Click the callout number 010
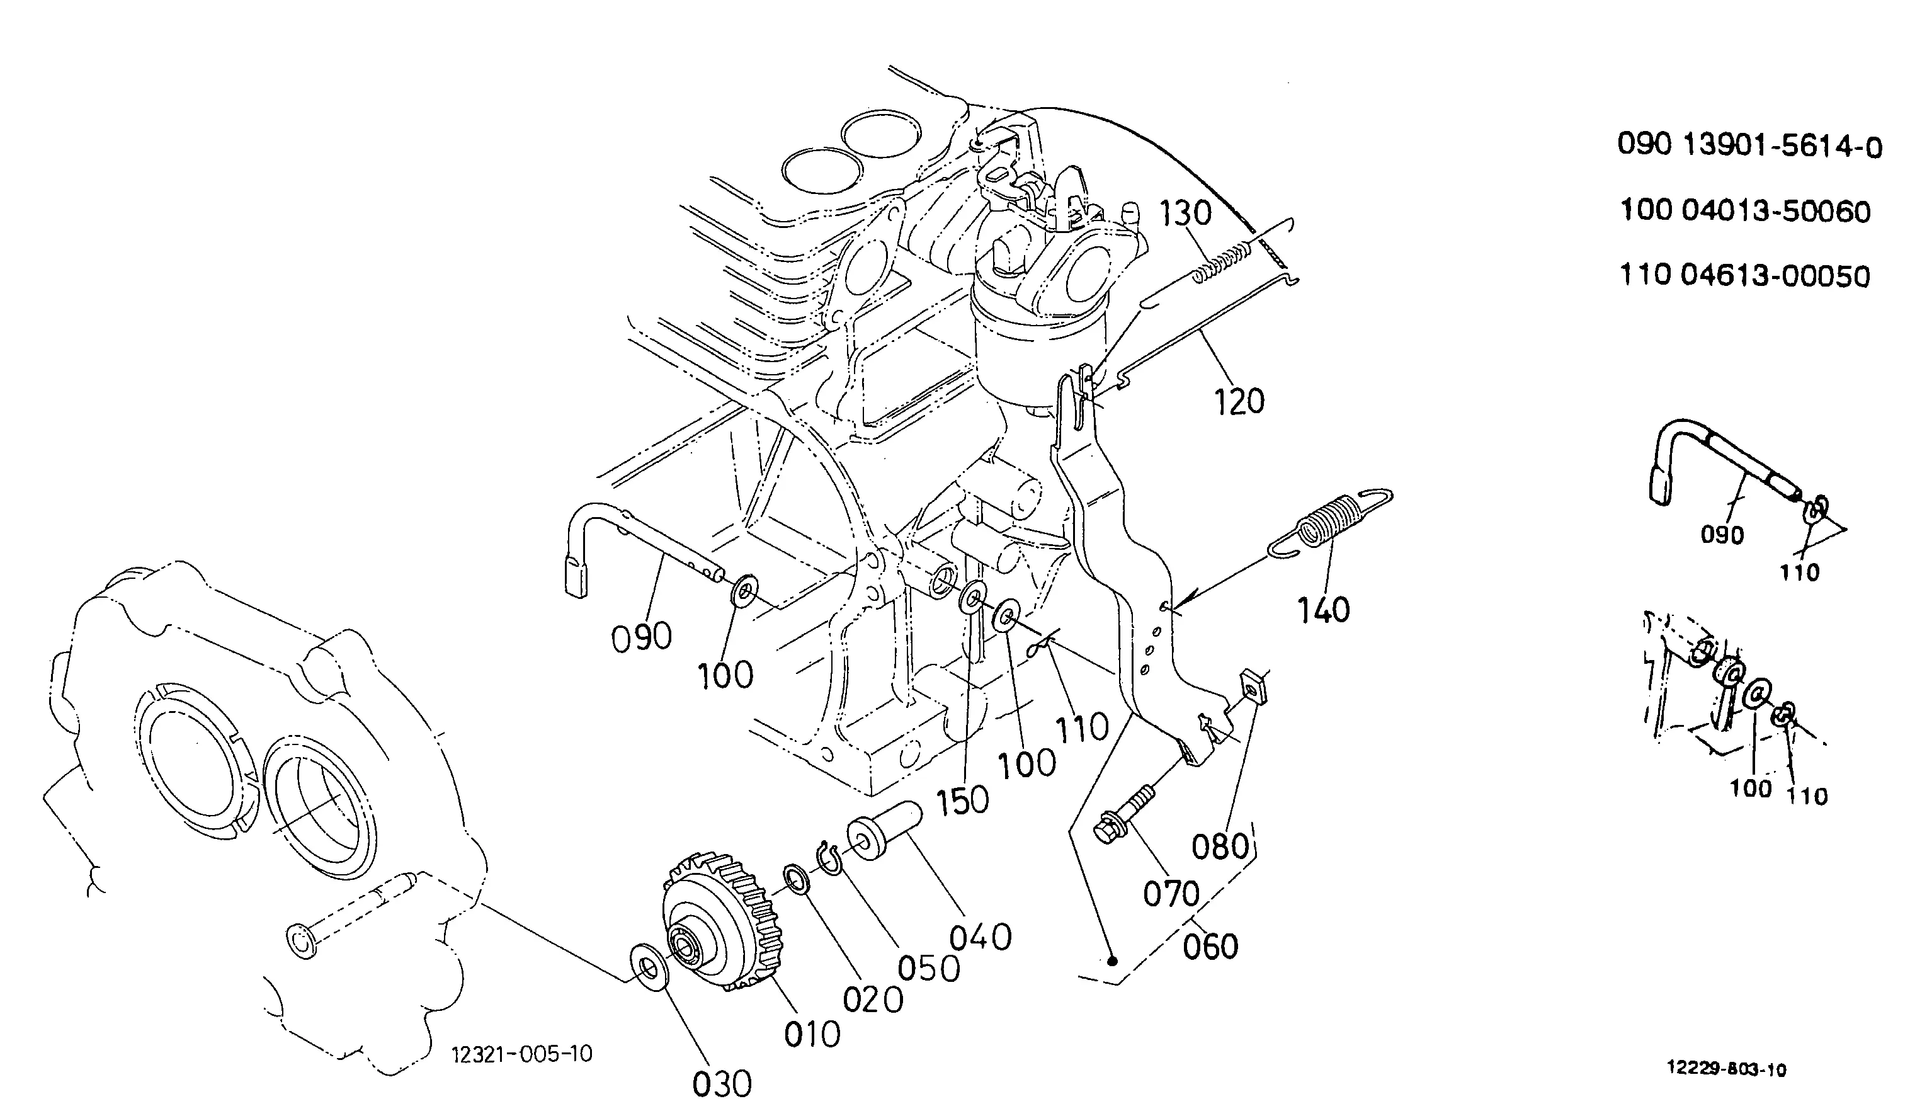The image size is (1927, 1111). (812, 1034)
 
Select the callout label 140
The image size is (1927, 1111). (1324, 610)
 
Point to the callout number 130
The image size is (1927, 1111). (1186, 214)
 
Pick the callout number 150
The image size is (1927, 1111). (962, 800)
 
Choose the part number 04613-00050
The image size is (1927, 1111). (1775, 275)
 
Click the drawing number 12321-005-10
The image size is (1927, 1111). (522, 1054)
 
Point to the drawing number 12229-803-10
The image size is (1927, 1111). (1726, 1069)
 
